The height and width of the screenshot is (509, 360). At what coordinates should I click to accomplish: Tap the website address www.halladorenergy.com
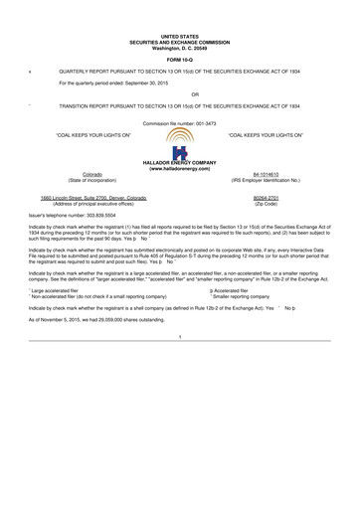coord(179,170)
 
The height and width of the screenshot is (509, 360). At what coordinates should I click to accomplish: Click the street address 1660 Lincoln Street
coord(76,198)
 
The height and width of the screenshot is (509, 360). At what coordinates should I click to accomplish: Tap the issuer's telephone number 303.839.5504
coord(111,214)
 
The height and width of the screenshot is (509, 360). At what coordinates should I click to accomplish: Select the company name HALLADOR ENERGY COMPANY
coord(179,164)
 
